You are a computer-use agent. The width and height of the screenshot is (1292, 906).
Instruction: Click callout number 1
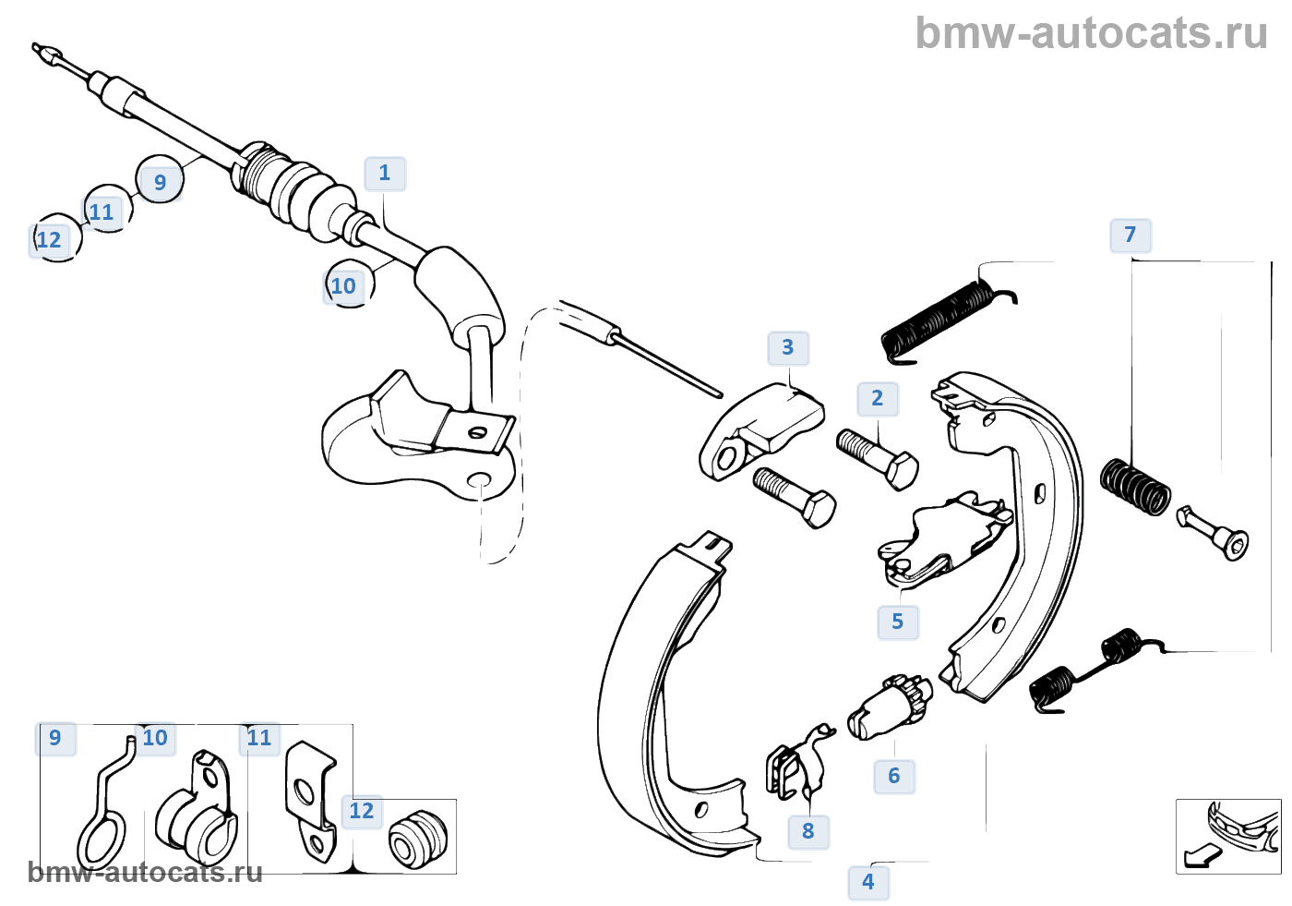tap(385, 174)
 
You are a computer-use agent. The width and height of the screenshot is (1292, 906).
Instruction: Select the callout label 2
tap(878, 399)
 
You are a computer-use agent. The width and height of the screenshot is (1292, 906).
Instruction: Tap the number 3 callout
tap(788, 348)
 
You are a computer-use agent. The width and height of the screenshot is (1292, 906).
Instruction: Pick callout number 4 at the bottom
tap(868, 882)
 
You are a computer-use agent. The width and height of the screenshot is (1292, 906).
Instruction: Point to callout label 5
tap(898, 622)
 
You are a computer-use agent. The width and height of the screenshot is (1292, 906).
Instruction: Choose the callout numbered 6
tap(894, 776)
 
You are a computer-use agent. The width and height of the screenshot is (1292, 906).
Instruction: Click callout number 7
tap(1130, 235)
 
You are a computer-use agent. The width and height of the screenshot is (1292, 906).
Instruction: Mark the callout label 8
tap(808, 831)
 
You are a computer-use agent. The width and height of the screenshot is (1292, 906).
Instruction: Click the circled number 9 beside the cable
tap(160, 182)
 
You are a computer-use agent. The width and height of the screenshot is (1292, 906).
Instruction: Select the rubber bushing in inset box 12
tap(417, 839)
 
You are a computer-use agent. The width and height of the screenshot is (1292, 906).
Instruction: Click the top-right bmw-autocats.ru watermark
tap(1091, 33)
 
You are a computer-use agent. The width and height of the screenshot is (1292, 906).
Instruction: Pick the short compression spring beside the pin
tap(1135, 486)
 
